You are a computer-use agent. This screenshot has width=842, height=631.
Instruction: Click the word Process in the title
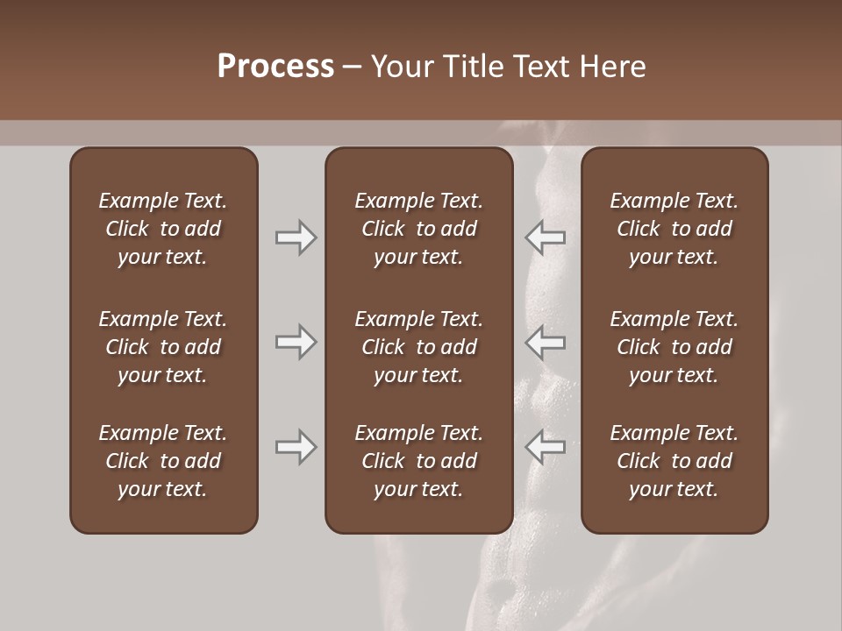pos(275,67)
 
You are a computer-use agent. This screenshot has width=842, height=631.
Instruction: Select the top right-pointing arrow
pos(296,238)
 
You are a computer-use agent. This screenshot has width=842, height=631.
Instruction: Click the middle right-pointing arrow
pos(296,342)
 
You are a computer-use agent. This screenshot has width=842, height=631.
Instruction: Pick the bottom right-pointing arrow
pos(296,447)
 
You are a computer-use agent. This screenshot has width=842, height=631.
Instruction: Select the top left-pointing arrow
pos(545,238)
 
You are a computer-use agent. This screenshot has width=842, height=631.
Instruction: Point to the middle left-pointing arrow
pos(545,342)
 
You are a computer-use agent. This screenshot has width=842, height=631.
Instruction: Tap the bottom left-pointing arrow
pos(545,447)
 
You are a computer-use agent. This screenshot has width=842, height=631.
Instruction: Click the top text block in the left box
pos(163,229)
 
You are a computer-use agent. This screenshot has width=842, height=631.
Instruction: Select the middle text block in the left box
pos(163,347)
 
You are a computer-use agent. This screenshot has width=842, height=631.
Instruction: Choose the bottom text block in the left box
pos(163,461)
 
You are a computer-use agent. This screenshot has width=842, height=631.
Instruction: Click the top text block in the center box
pos(418,229)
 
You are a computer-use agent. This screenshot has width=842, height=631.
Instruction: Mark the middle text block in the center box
pos(418,347)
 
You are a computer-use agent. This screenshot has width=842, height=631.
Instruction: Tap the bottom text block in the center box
pos(418,461)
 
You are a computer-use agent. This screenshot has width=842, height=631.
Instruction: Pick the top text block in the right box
pos(674,229)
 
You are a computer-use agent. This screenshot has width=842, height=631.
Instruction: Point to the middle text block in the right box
pos(674,347)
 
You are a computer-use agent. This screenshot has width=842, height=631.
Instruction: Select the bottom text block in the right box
pos(674,461)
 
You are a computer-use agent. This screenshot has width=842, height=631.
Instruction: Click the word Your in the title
pos(401,67)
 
